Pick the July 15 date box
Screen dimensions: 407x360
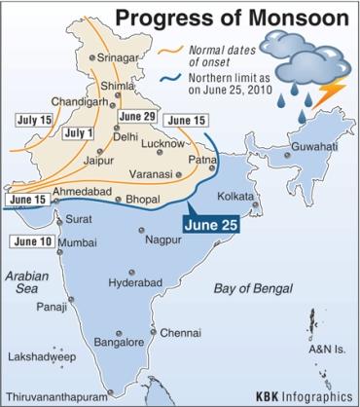pos(34,119)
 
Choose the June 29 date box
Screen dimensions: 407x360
pos(136,117)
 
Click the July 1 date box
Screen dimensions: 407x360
pos(78,133)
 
